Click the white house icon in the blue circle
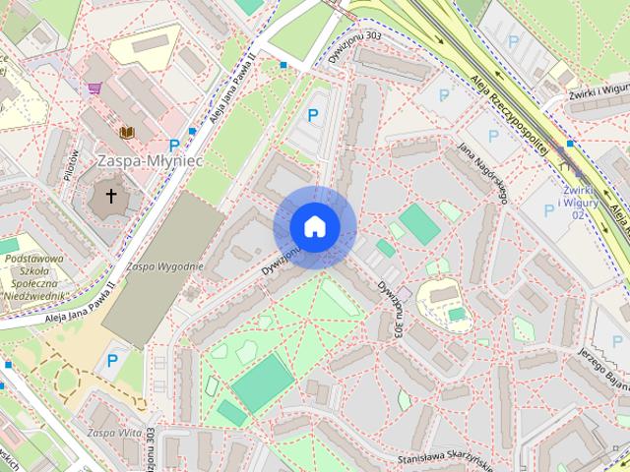[314, 227]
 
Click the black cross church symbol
[111, 197]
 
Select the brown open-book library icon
[125, 132]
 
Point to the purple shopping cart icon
[95, 88]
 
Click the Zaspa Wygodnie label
[164, 266]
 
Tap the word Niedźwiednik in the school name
[34, 296]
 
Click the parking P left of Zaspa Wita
[112, 361]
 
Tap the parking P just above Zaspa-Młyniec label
[174, 146]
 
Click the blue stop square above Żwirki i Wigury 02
[570, 144]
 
